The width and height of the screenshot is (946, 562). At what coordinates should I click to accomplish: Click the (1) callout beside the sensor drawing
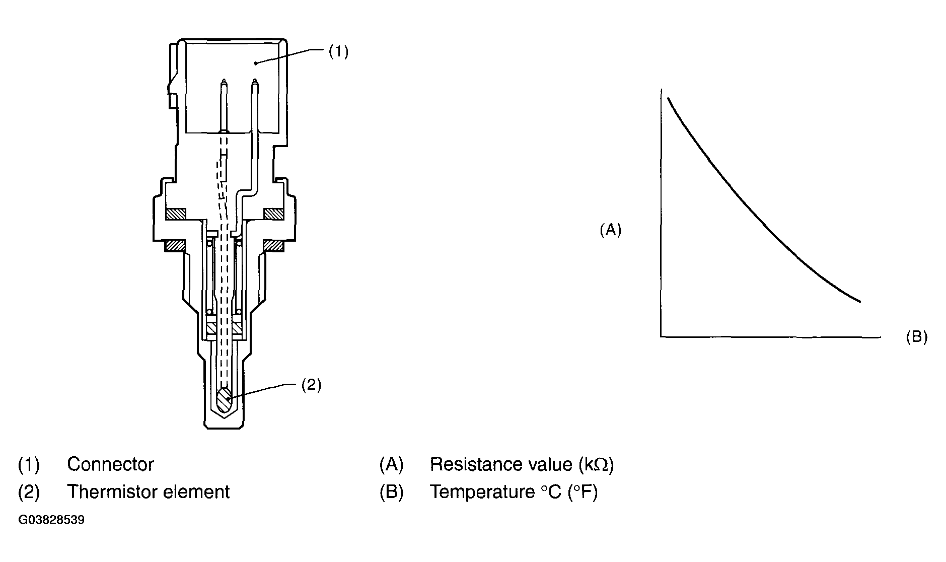click(x=338, y=52)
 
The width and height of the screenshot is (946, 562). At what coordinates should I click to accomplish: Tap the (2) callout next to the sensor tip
click(x=311, y=385)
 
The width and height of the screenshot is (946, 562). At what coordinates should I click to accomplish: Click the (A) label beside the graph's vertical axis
click(x=610, y=230)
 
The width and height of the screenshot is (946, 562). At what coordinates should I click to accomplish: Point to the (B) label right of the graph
click(x=916, y=337)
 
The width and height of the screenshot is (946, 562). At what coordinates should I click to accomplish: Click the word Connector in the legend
click(x=110, y=464)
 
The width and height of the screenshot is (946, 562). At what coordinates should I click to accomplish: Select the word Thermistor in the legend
click(x=109, y=492)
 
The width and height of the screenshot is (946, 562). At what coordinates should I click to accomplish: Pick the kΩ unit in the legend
click(x=597, y=464)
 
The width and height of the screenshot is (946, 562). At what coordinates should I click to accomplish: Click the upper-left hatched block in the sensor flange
click(x=176, y=214)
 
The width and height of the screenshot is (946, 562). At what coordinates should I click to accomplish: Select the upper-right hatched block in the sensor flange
click(x=273, y=214)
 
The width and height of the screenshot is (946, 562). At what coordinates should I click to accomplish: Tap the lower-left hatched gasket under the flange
click(x=176, y=245)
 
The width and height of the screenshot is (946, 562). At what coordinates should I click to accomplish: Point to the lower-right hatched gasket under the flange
click(x=273, y=245)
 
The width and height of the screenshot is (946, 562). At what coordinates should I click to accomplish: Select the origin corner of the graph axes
click(x=661, y=335)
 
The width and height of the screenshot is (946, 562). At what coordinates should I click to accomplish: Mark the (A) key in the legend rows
click(x=391, y=464)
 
